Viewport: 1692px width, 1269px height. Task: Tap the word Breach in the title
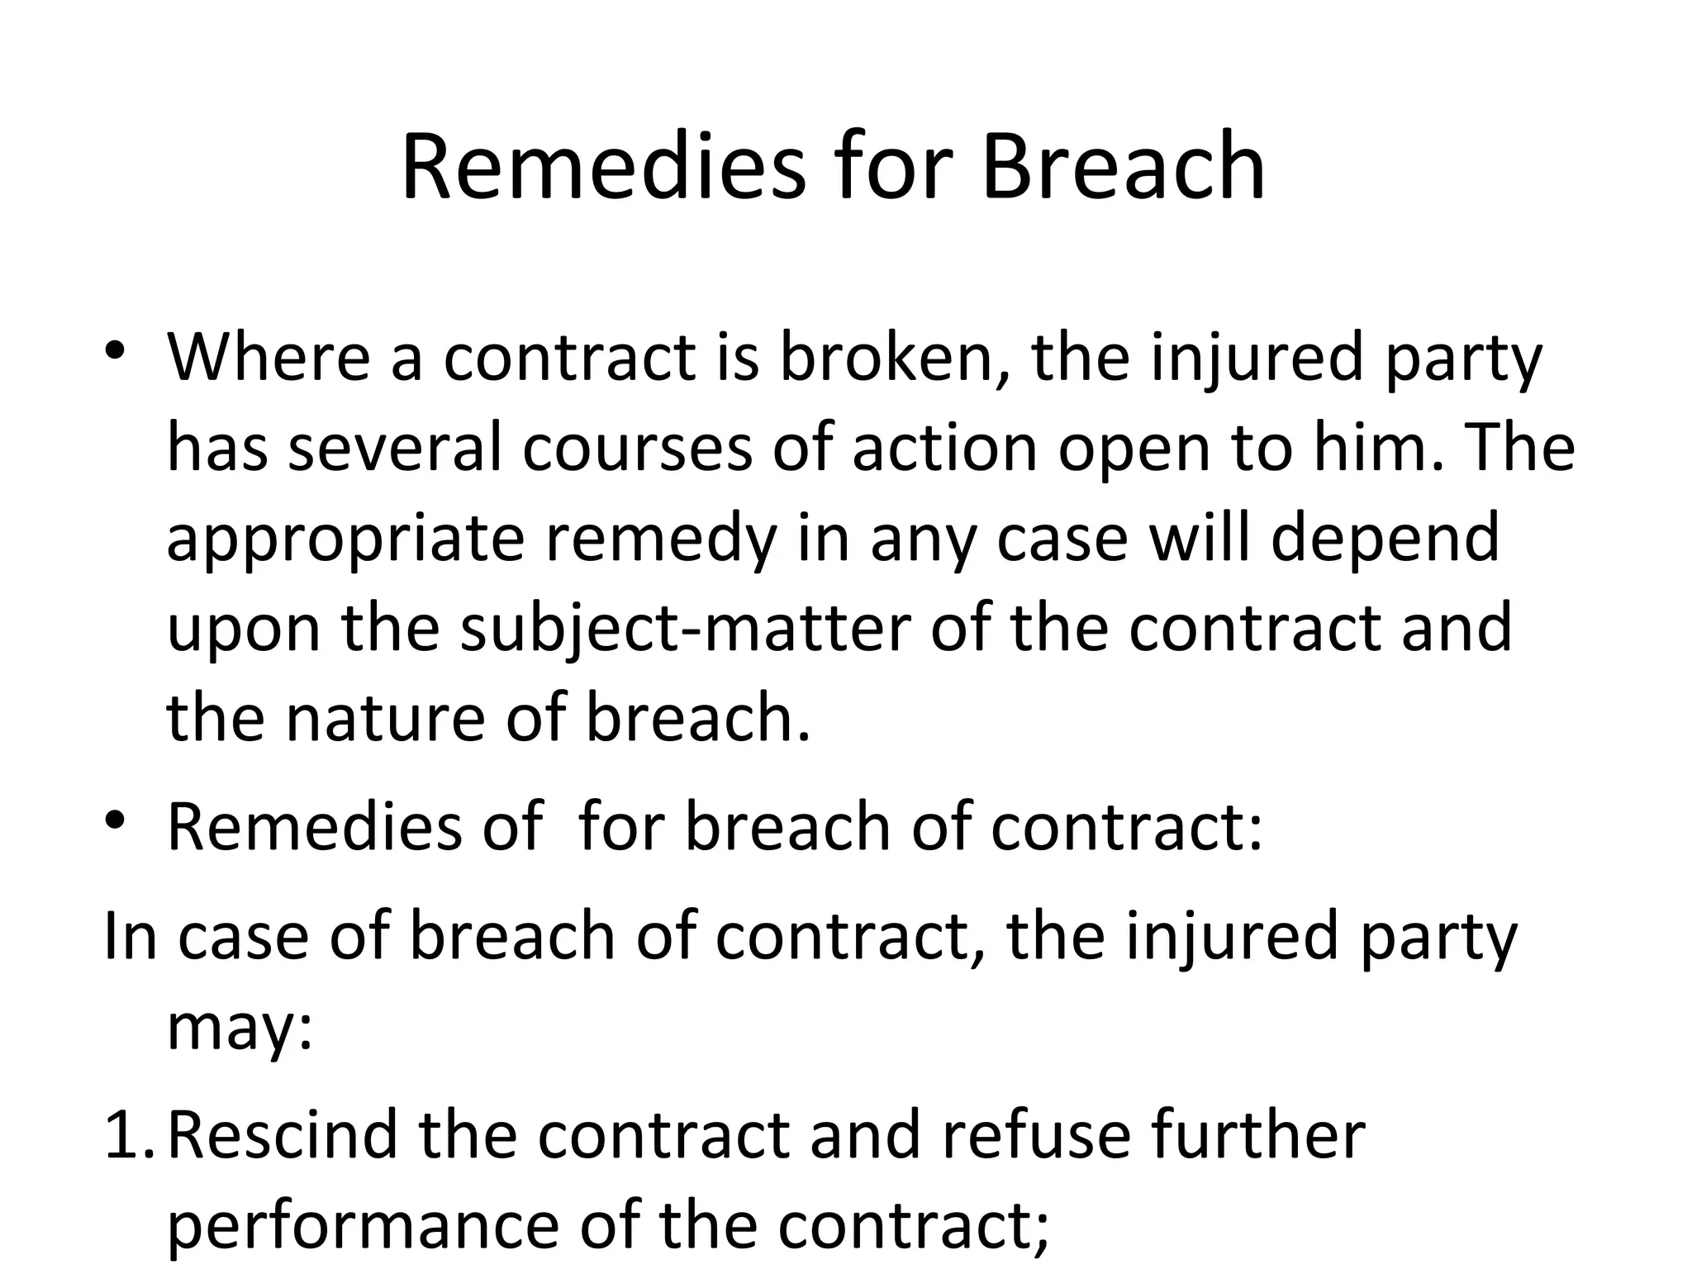coord(1123,168)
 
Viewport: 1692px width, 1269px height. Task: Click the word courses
coord(637,449)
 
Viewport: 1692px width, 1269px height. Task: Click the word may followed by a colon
coord(240,1029)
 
